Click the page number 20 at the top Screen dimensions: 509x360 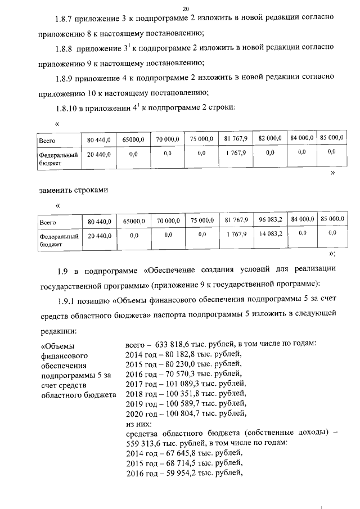(186, 8)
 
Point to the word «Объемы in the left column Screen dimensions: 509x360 (58, 345)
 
